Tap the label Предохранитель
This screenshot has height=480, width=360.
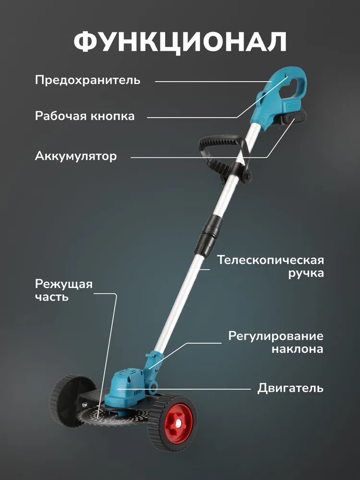87,80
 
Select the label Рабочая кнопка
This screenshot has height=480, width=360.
84,116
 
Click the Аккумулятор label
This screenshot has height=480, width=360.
75,156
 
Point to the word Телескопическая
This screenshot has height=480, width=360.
270,260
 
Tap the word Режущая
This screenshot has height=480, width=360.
63,284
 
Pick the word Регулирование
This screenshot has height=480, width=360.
276,336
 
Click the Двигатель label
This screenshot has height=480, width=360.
290,387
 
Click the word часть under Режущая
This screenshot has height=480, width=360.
51,297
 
